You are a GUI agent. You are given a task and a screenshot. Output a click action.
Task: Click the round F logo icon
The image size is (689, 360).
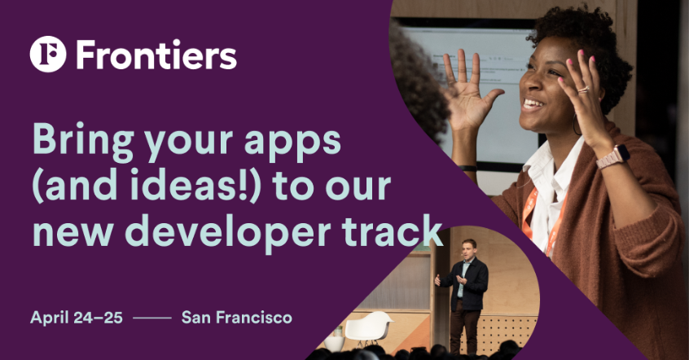click(48, 54)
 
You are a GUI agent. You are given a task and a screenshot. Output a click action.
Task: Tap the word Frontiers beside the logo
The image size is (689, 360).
click(156, 55)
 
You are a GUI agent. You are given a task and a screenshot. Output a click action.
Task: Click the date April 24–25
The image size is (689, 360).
click(77, 318)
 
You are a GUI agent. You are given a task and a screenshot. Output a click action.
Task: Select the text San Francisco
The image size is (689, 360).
click(237, 318)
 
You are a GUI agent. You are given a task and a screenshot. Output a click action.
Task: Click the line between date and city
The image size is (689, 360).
click(152, 318)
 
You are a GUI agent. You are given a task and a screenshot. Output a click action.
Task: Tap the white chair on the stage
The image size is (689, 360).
click(368, 328)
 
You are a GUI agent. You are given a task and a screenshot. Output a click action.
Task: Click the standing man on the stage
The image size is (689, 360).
click(465, 295)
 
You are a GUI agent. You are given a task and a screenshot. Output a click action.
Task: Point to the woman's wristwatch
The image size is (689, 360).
click(613, 157)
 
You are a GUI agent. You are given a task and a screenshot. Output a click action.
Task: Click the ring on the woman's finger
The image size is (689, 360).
click(583, 90)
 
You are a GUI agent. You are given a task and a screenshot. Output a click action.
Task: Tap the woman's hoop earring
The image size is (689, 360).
click(577, 125)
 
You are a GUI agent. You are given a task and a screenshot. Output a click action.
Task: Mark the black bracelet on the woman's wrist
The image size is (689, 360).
click(467, 168)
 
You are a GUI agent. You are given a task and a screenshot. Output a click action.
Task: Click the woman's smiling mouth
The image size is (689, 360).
click(533, 104)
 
